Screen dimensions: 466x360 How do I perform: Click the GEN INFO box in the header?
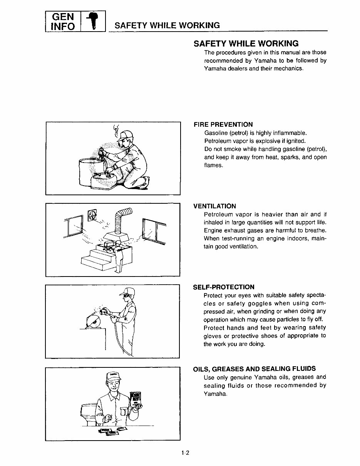pos(63,22)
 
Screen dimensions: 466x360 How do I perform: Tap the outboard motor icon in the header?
pos(93,22)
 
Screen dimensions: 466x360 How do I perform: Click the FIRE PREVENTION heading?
pos(223,124)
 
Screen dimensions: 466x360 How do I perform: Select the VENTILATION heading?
pos(214,206)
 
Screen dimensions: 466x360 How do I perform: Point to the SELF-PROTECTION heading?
pos(223,287)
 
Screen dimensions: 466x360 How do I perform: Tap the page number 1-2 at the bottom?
pos(185,453)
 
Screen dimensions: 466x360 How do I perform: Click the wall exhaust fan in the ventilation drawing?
pos(93,216)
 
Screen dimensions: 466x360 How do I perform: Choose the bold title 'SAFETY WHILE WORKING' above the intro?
pos(246,43)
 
